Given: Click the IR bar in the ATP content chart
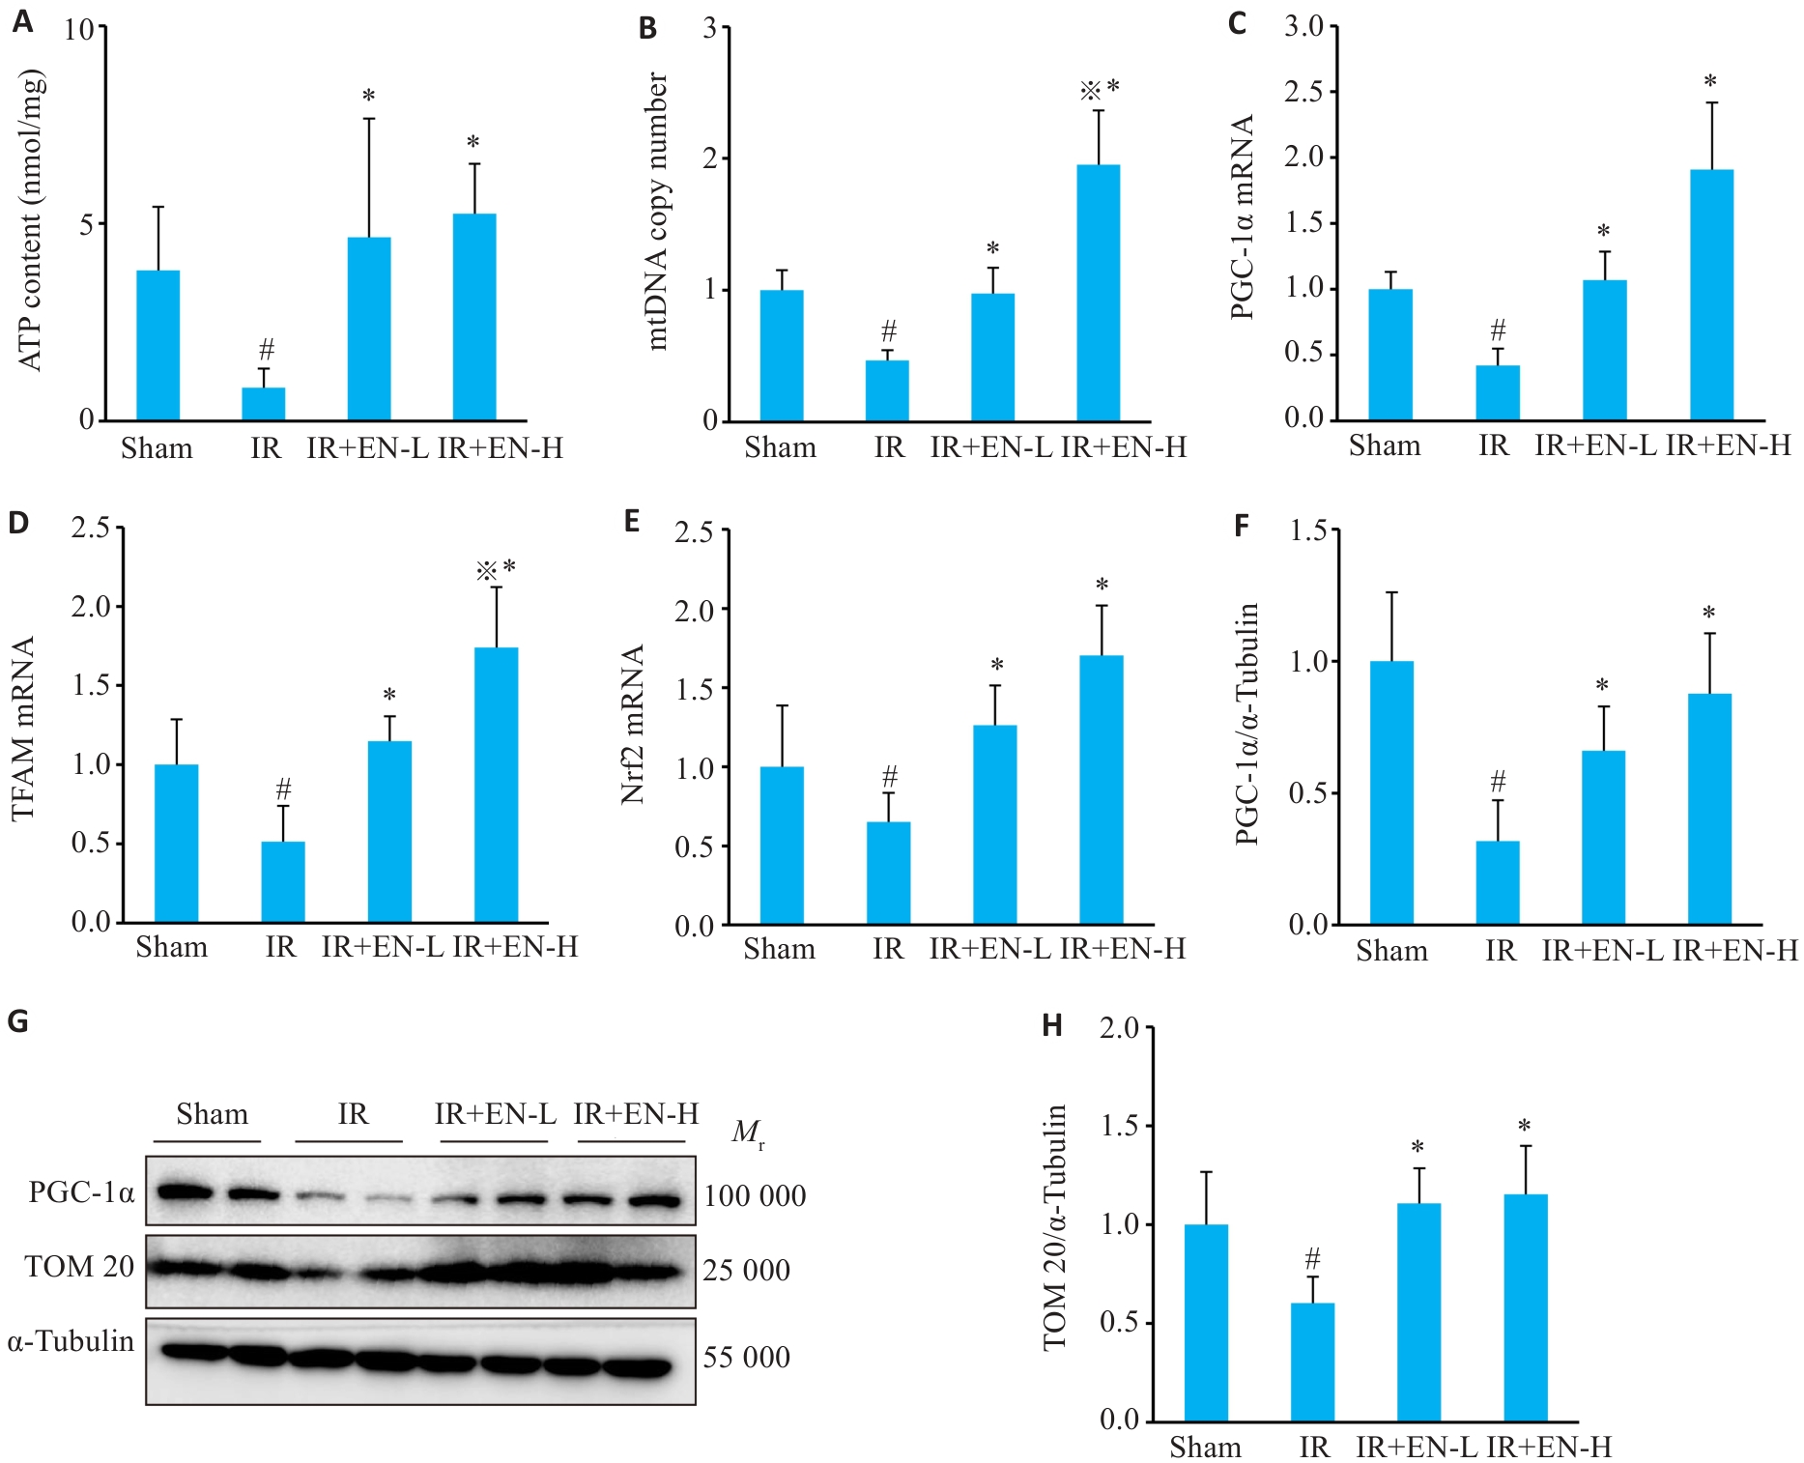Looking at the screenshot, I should point(263,404).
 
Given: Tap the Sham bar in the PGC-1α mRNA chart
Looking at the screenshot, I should point(1389,355).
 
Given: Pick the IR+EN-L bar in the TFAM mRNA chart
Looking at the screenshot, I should point(389,832).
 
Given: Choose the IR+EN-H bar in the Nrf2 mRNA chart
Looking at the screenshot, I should point(1101,790).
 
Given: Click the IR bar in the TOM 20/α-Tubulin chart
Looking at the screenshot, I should point(1312,1363).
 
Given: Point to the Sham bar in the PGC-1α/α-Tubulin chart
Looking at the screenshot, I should point(1391,792).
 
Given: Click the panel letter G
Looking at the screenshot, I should point(17,1021).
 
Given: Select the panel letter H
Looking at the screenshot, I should point(1052,1026).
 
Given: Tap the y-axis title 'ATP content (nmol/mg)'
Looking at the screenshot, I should point(31,220).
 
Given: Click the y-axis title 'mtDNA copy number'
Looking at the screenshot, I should point(656,211).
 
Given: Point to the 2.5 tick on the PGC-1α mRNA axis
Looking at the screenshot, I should point(1304,93).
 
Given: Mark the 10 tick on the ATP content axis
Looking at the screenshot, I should point(80,30).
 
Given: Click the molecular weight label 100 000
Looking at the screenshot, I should point(754,1196).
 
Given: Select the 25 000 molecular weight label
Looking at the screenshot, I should point(746,1270).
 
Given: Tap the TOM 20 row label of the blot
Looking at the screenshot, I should point(79,1266).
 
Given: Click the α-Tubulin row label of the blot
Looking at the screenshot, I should point(71,1341).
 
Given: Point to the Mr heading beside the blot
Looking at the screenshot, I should point(748,1132).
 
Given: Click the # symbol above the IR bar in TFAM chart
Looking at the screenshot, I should point(283,789).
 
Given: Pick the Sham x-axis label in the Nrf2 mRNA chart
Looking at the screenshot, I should point(779,949).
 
